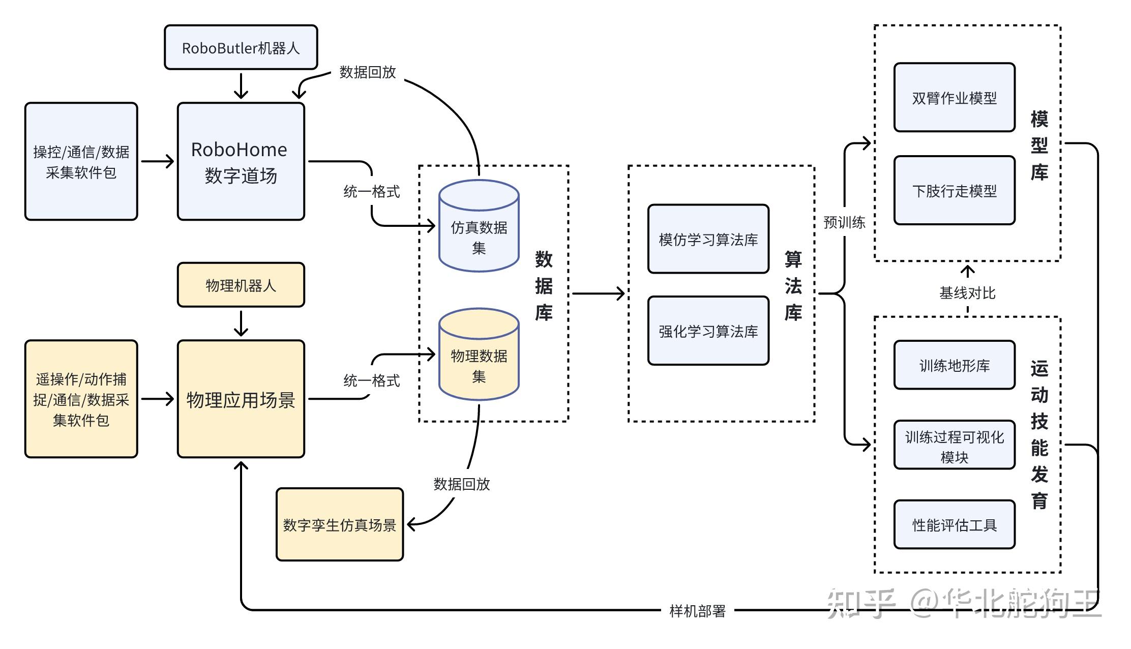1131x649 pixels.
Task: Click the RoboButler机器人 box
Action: pyautogui.click(x=241, y=47)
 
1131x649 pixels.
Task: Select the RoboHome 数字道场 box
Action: pyautogui.click(x=241, y=161)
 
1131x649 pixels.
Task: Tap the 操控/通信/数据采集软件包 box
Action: pyautogui.click(x=81, y=161)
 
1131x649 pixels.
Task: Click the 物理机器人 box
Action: pyautogui.click(x=241, y=285)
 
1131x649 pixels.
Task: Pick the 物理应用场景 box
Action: pyautogui.click(x=241, y=399)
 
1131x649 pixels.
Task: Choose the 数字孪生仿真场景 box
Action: pyautogui.click(x=339, y=524)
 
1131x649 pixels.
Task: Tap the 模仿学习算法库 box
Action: pyautogui.click(x=708, y=239)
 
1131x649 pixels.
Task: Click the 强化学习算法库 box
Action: pyautogui.click(x=708, y=331)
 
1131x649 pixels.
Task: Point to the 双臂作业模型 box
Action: pyautogui.click(x=954, y=98)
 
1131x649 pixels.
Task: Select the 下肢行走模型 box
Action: pyautogui.click(x=954, y=190)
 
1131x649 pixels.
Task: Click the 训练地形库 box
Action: pyautogui.click(x=954, y=365)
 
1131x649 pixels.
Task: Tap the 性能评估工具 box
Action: pyautogui.click(x=954, y=524)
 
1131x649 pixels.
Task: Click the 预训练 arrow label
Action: pyautogui.click(x=844, y=222)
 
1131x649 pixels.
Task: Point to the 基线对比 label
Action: pyautogui.click(x=967, y=293)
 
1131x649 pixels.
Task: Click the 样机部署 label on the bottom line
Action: pyautogui.click(x=697, y=611)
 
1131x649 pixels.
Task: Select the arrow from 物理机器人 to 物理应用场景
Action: pyautogui.click(x=241, y=323)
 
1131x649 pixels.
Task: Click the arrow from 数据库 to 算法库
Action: pyautogui.click(x=598, y=293)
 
